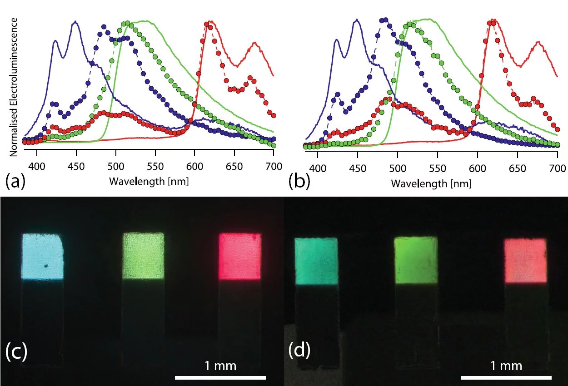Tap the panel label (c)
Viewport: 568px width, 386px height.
pos(16,351)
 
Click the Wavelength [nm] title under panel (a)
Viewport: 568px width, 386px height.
pos(149,181)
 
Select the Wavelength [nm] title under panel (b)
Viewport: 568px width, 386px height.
pos(431,184)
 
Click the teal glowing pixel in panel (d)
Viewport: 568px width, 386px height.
pos(316,261)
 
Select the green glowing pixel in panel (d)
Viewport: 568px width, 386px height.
pos(415,260)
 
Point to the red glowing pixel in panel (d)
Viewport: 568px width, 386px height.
pos(525,261)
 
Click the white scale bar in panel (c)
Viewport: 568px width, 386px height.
pos(220,377)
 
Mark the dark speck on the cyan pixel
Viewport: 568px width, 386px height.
pos(46,267)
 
